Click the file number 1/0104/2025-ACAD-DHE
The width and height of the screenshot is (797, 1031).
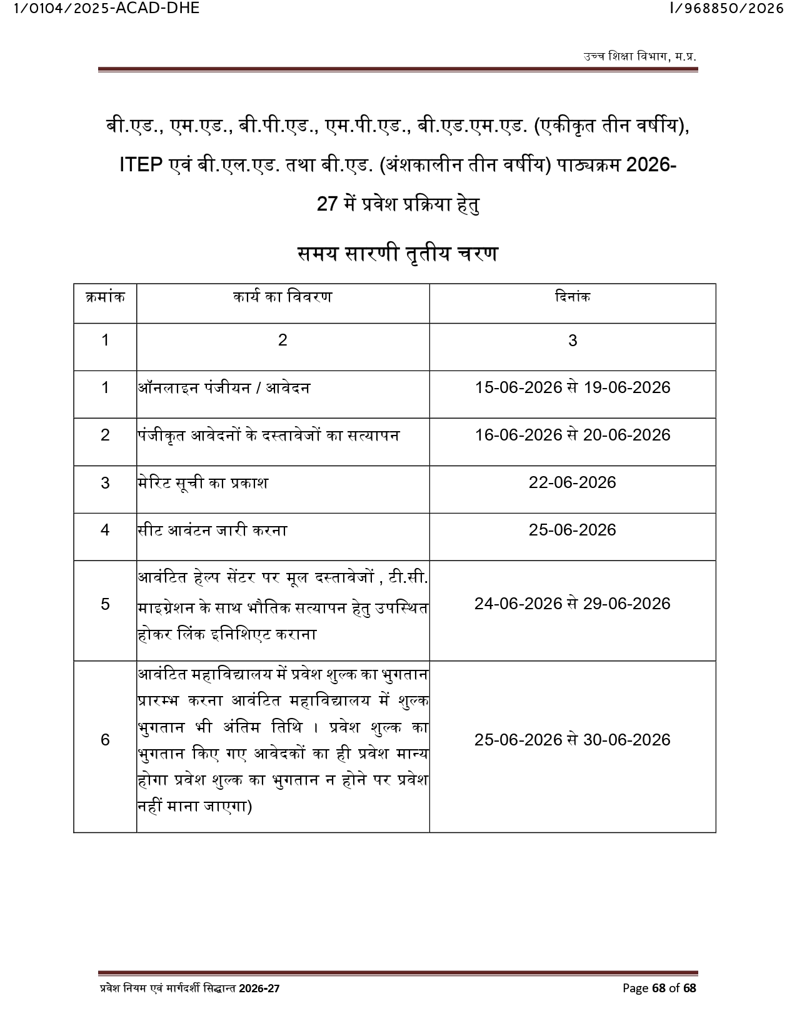tap(100, 8)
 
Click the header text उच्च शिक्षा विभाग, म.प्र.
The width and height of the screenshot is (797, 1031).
tap(639, 57)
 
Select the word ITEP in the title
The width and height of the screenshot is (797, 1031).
tap(141, 166)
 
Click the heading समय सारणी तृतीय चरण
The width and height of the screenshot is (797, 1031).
tap(398, 254)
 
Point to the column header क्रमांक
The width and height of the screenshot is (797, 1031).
tap(105, 297)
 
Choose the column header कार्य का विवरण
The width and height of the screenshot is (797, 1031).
tap(283, 297)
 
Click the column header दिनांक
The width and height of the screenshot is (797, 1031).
tap(572, 297)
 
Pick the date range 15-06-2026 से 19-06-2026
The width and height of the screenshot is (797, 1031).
tap(572, 387)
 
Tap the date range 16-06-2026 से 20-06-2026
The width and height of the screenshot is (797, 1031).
tap(572, 435)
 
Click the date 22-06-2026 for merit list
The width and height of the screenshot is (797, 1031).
tap(572, 482)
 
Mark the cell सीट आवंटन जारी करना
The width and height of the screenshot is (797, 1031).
tap(213, 530)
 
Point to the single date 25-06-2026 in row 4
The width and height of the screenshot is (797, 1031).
tap(572, 530)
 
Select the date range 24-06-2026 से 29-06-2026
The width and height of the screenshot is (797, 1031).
tap(572, 604)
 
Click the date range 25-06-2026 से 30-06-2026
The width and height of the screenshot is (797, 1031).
tap(572, 740)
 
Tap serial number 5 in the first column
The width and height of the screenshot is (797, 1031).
tap(105, 604)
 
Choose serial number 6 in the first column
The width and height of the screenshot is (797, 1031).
tap(105, 740)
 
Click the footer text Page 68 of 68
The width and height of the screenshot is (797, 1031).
tap(659, 988)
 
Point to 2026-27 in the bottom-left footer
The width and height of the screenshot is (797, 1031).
tap(259, 989)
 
